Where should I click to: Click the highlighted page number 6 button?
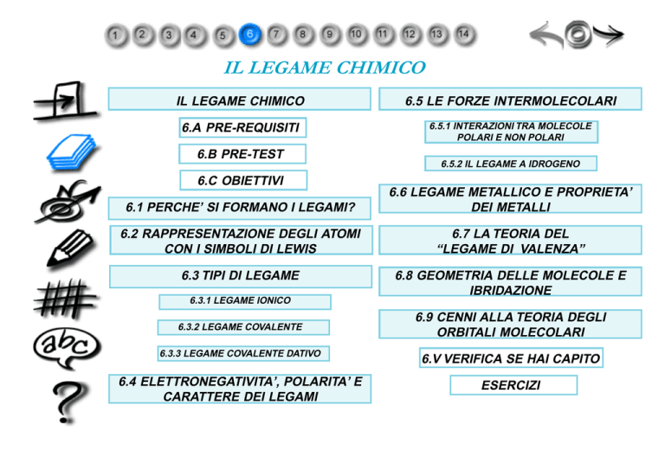[249, 34]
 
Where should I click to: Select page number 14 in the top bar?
[464, 34]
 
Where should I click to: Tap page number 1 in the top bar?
[116, 35]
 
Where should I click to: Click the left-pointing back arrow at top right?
[548, 35]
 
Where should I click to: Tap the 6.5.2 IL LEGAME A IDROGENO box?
[510, 164]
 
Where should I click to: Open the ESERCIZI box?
[510, 385]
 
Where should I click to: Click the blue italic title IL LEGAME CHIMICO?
[325, 67]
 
